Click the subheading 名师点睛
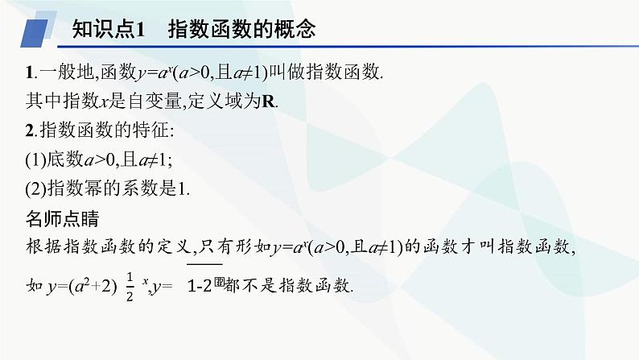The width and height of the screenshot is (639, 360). pyautogui.click(x=61, y=217)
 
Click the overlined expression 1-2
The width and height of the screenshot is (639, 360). pyautogui.click(x=204, y=284)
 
